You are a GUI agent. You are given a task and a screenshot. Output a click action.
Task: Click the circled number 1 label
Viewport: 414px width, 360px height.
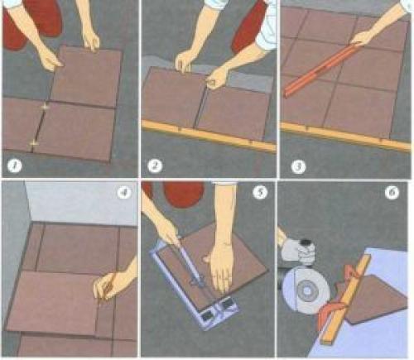[x=14, y=166]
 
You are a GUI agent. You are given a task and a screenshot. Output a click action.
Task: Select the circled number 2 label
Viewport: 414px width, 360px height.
[x=155, y=166]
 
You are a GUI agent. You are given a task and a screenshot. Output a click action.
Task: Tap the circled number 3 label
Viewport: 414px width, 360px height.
[x=298, y=166]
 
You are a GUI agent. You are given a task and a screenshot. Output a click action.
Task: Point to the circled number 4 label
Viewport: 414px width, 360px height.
[x=124, y=192]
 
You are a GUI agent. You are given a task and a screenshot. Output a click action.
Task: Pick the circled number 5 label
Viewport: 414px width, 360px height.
[x=260, y=192]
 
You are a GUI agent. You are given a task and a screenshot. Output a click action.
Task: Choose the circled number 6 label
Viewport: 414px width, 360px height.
[x=392, y=192]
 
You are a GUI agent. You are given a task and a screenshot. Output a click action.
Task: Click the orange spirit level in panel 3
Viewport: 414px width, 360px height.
[x=320, y=70]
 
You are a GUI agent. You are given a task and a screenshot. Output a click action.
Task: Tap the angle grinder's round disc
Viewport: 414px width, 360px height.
[x=306, y=291]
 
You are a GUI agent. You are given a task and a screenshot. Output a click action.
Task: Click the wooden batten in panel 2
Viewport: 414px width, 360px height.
[x=209, y=135]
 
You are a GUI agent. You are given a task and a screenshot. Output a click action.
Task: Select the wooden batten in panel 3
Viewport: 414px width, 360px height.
[x=345, y=136]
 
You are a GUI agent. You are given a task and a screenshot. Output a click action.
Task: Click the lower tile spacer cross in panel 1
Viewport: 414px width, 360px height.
[x=33, y=143]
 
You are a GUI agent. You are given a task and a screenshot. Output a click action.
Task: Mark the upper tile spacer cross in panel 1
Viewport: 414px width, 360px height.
[x=45, y=107]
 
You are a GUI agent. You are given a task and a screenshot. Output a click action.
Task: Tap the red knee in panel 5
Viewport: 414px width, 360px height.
[x=184, y=195]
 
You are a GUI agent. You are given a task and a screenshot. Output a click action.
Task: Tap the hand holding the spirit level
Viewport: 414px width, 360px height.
[x=363, y=39]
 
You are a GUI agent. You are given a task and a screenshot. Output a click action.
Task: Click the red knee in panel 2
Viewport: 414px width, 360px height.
[x=248, y=27]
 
